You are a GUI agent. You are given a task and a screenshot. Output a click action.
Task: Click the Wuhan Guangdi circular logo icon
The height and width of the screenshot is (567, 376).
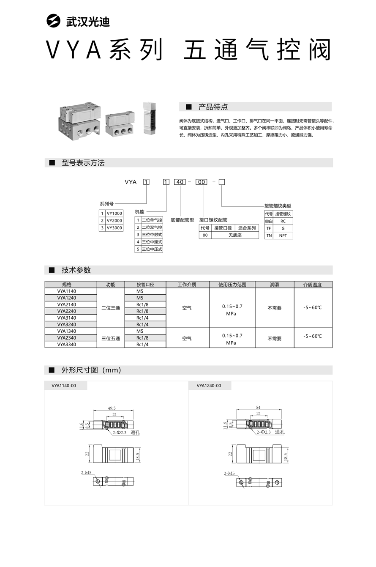(54, 21)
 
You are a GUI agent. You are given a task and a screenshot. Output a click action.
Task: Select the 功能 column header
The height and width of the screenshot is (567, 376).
(111, 285)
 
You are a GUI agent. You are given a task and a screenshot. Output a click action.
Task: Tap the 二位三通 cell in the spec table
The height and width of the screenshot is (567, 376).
(111, 308)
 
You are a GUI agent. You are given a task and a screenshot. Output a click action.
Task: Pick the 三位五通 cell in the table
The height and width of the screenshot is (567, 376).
(111, 338)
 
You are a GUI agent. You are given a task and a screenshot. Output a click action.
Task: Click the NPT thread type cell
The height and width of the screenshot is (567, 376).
(283, 236)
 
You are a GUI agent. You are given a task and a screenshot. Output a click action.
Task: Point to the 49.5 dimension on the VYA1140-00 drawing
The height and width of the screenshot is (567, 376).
(112, 408)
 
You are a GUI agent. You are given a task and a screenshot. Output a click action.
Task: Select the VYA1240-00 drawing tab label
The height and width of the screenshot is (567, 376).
(209, 386)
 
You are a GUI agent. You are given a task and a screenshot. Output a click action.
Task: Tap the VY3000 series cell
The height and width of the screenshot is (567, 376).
(114, 228)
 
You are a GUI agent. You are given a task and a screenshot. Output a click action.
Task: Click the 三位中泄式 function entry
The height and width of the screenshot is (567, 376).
(152, 242)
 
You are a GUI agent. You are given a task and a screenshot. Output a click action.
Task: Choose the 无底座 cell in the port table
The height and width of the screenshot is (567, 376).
(234, 235)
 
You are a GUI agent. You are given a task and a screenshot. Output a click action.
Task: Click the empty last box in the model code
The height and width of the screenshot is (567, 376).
(221, 182)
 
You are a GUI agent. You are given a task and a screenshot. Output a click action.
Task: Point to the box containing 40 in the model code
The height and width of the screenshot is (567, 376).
(180, 182)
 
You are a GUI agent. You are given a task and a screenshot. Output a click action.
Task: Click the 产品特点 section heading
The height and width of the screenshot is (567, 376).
(213, 107)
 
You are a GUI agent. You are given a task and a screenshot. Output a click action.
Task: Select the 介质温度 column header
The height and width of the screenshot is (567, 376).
(313, 285)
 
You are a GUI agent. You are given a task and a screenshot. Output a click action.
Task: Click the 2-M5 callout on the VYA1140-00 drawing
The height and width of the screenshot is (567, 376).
(87, 472)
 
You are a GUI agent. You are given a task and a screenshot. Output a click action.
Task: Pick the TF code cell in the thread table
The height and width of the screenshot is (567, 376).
(268, 228)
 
